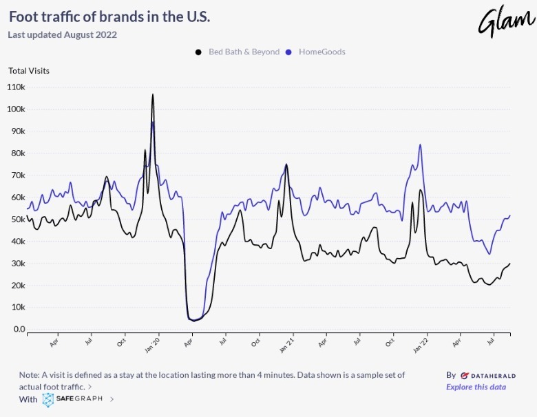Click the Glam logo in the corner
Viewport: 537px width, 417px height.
(x=505, y=22)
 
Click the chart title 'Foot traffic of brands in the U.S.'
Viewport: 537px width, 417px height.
(x=109, y=17)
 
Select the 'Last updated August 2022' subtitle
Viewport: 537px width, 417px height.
(x=63, y=34)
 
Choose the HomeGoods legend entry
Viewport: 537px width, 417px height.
(x=322, y=52)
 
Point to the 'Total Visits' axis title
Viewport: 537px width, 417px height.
(x=29, y=70)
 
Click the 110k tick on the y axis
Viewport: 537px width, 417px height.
(x=16, y=87)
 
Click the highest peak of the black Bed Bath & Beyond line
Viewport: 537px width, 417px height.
(x=153, y=94)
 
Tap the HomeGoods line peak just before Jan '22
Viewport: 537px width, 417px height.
(x=420, y=145)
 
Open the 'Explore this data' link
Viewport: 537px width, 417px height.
(x=476, y=387)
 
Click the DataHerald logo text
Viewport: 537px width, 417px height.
(x=488, y=375)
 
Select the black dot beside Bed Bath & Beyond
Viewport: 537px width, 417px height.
(x=199, y=52)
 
